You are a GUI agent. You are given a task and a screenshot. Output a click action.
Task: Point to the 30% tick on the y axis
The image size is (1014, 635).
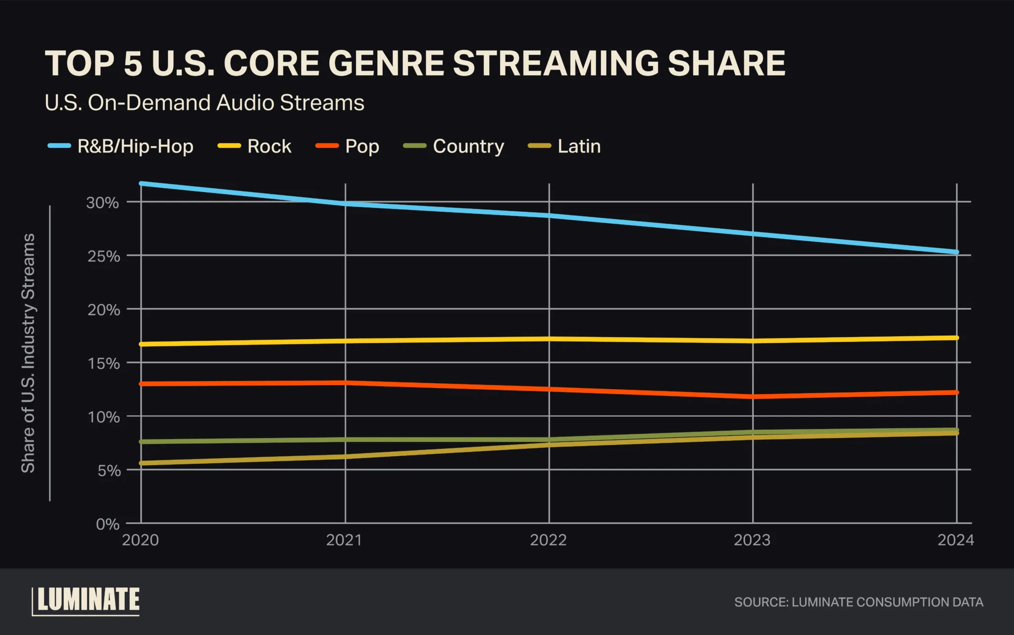(x=103, y=203)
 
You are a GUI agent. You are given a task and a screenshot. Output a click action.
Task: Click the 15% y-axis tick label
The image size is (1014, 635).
(x=103, y=364)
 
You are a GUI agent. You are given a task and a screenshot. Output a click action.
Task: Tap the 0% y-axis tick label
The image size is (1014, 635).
(x=107, y=524)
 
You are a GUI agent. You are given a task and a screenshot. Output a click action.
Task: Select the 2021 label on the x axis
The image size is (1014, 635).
(x=344, y=540)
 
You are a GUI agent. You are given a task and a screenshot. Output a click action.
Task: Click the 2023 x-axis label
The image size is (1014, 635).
(x=752, y=540)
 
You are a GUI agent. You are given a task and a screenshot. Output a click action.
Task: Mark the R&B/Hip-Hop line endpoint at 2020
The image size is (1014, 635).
(x=142, y=184)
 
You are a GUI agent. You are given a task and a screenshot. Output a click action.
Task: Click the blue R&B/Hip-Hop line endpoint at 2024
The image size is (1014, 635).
(x=957, y=252)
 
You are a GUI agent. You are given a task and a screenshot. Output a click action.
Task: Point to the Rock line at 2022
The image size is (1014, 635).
(x=549, y=339)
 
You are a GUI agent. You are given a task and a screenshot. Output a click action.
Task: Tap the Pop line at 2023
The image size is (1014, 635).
(x=753, y=396)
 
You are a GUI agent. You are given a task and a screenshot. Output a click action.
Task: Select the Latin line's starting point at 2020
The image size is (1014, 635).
(x=142, y=463)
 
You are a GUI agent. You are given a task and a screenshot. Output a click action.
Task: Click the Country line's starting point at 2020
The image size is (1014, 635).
(x=142, y=441)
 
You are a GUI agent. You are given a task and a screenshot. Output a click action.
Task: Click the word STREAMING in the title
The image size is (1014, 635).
(x=556, y=63)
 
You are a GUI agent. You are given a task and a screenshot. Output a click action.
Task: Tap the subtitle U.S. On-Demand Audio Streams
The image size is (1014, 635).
(x=204, y=103)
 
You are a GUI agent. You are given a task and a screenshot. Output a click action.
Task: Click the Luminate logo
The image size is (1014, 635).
(x=87, y=601)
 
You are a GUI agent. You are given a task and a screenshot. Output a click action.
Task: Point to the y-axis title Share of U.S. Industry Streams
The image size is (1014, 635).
(x=28, y=353)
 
